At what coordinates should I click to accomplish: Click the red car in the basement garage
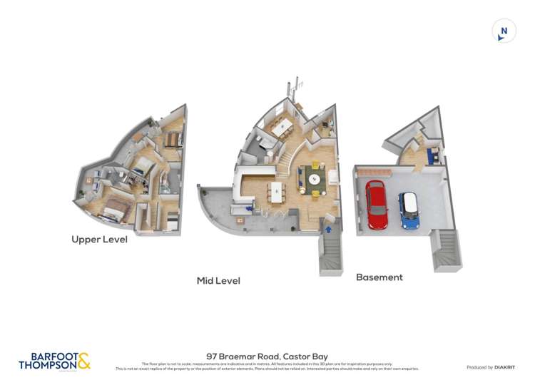[377, 204]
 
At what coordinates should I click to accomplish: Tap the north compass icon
[504, 31]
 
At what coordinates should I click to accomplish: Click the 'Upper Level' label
[99, 240]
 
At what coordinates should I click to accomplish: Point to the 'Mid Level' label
[218, 281]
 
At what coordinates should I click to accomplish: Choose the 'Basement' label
[379, 277]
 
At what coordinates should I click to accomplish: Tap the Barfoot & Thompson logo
[54, 361]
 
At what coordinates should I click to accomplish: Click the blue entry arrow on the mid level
[328, 229]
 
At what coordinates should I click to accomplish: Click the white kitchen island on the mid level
[276, 191]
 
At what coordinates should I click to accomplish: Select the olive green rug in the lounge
[315, 177]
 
